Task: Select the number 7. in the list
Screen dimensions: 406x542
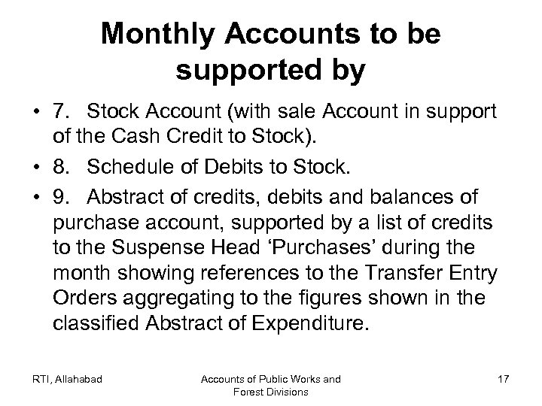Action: pyautogui.click(x=60, y=113)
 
